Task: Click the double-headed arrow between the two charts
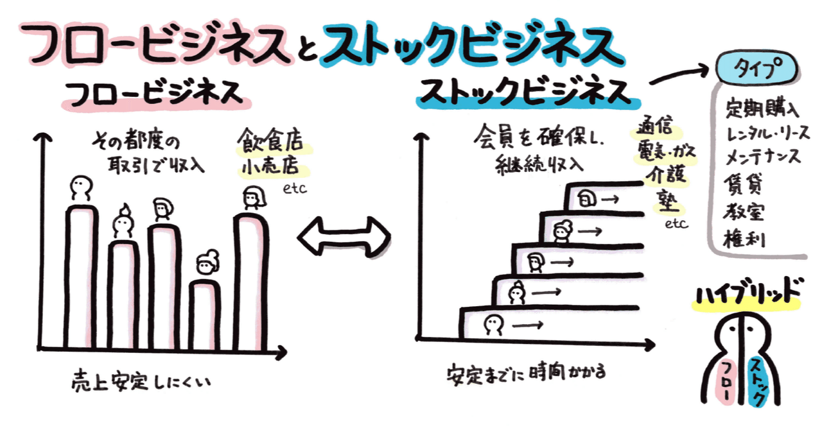[344, 236]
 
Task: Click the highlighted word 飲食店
[272, 141]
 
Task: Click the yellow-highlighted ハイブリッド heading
[748, 293]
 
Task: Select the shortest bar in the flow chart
[207, 314]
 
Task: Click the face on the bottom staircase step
[493, 323]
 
